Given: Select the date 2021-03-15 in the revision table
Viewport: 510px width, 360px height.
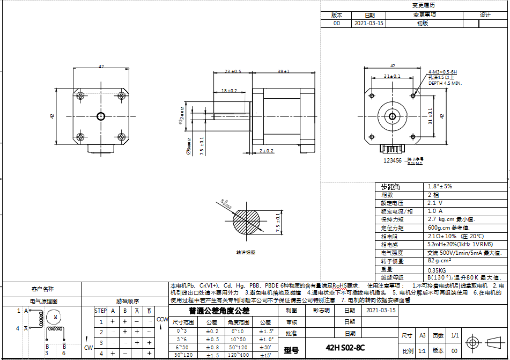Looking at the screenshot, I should point(369,24).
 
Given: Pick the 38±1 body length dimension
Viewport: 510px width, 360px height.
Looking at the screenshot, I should point(284,71).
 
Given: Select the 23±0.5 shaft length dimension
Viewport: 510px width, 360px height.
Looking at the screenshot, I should point(233,71).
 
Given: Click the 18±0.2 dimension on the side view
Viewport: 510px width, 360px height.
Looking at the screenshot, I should point(229,91).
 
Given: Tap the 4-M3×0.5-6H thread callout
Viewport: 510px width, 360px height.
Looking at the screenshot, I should point(442,72).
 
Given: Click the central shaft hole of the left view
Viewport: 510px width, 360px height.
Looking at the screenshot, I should point(101,116).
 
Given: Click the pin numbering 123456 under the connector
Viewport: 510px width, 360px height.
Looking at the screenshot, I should point(393,160).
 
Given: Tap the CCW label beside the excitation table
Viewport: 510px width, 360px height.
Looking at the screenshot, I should point(162,320).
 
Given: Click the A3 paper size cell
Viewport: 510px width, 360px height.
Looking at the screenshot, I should point(422,335).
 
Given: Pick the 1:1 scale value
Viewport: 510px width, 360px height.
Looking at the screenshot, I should point(422,350).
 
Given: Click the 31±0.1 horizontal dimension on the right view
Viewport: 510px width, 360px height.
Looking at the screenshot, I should point(392,77).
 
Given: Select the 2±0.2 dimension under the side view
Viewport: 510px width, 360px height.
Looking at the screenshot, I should point(267,151).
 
